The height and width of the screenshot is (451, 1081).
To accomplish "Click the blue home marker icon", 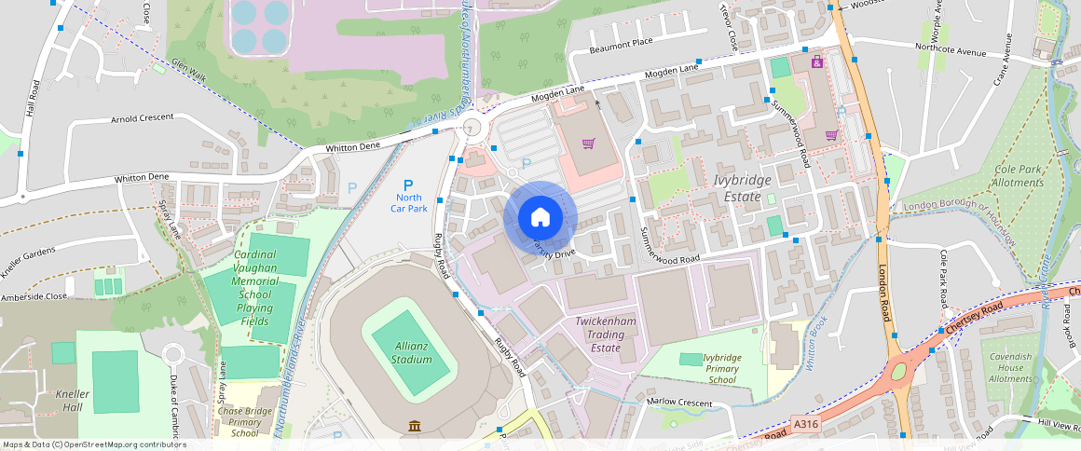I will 540,218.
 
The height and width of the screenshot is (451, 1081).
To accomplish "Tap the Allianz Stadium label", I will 411,352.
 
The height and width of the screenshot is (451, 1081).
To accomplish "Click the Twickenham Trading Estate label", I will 605,334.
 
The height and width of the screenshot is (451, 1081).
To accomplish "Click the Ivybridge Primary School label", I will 722,368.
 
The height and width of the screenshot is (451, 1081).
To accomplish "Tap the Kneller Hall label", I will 73,401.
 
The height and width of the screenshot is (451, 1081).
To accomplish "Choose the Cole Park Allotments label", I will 1019,176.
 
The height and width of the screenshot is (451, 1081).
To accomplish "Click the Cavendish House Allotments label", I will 1010,367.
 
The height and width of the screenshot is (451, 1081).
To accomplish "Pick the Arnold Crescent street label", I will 142,119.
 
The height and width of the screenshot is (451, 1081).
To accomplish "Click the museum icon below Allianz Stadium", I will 414,427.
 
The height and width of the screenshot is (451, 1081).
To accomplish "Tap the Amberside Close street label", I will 34,295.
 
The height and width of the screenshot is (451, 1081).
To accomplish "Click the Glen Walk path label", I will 186,69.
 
